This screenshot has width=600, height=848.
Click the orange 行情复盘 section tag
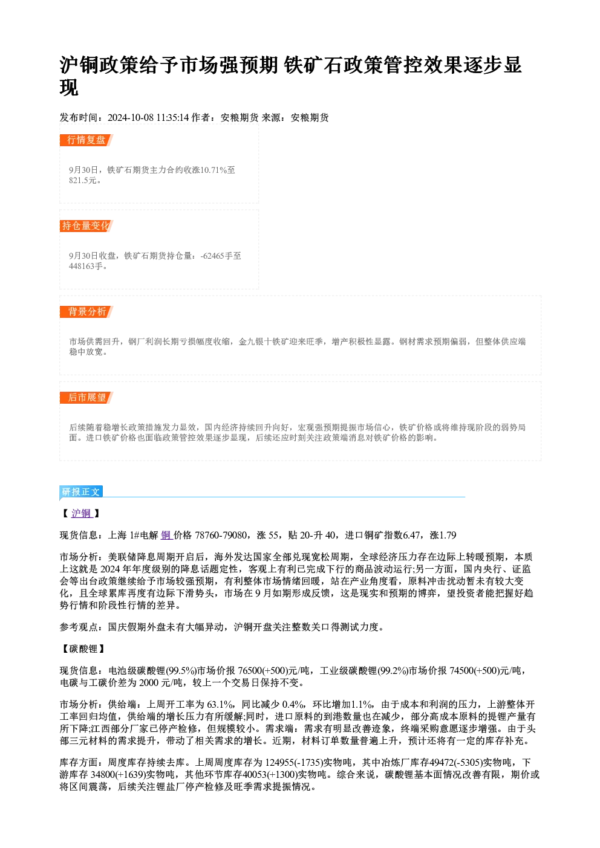click(x=86, y=140)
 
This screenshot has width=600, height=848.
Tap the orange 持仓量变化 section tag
click(x=86, y=225)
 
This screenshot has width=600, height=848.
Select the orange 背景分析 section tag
click(x=86, y=311)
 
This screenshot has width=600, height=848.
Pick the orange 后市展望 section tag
click(x=86, y=398)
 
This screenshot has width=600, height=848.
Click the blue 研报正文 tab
click(x=81, y=491)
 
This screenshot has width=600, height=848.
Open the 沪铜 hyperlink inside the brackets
click(x=81, y=513)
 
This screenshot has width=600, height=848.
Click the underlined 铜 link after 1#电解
click(x=166, y=535)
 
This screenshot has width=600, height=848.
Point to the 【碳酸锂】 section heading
click(x=83, y=649)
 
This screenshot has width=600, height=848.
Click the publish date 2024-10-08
click(x=131, y=117)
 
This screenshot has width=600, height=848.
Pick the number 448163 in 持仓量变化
click(x=82, y=266)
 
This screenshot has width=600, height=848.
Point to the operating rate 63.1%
click(x=220, y=704)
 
